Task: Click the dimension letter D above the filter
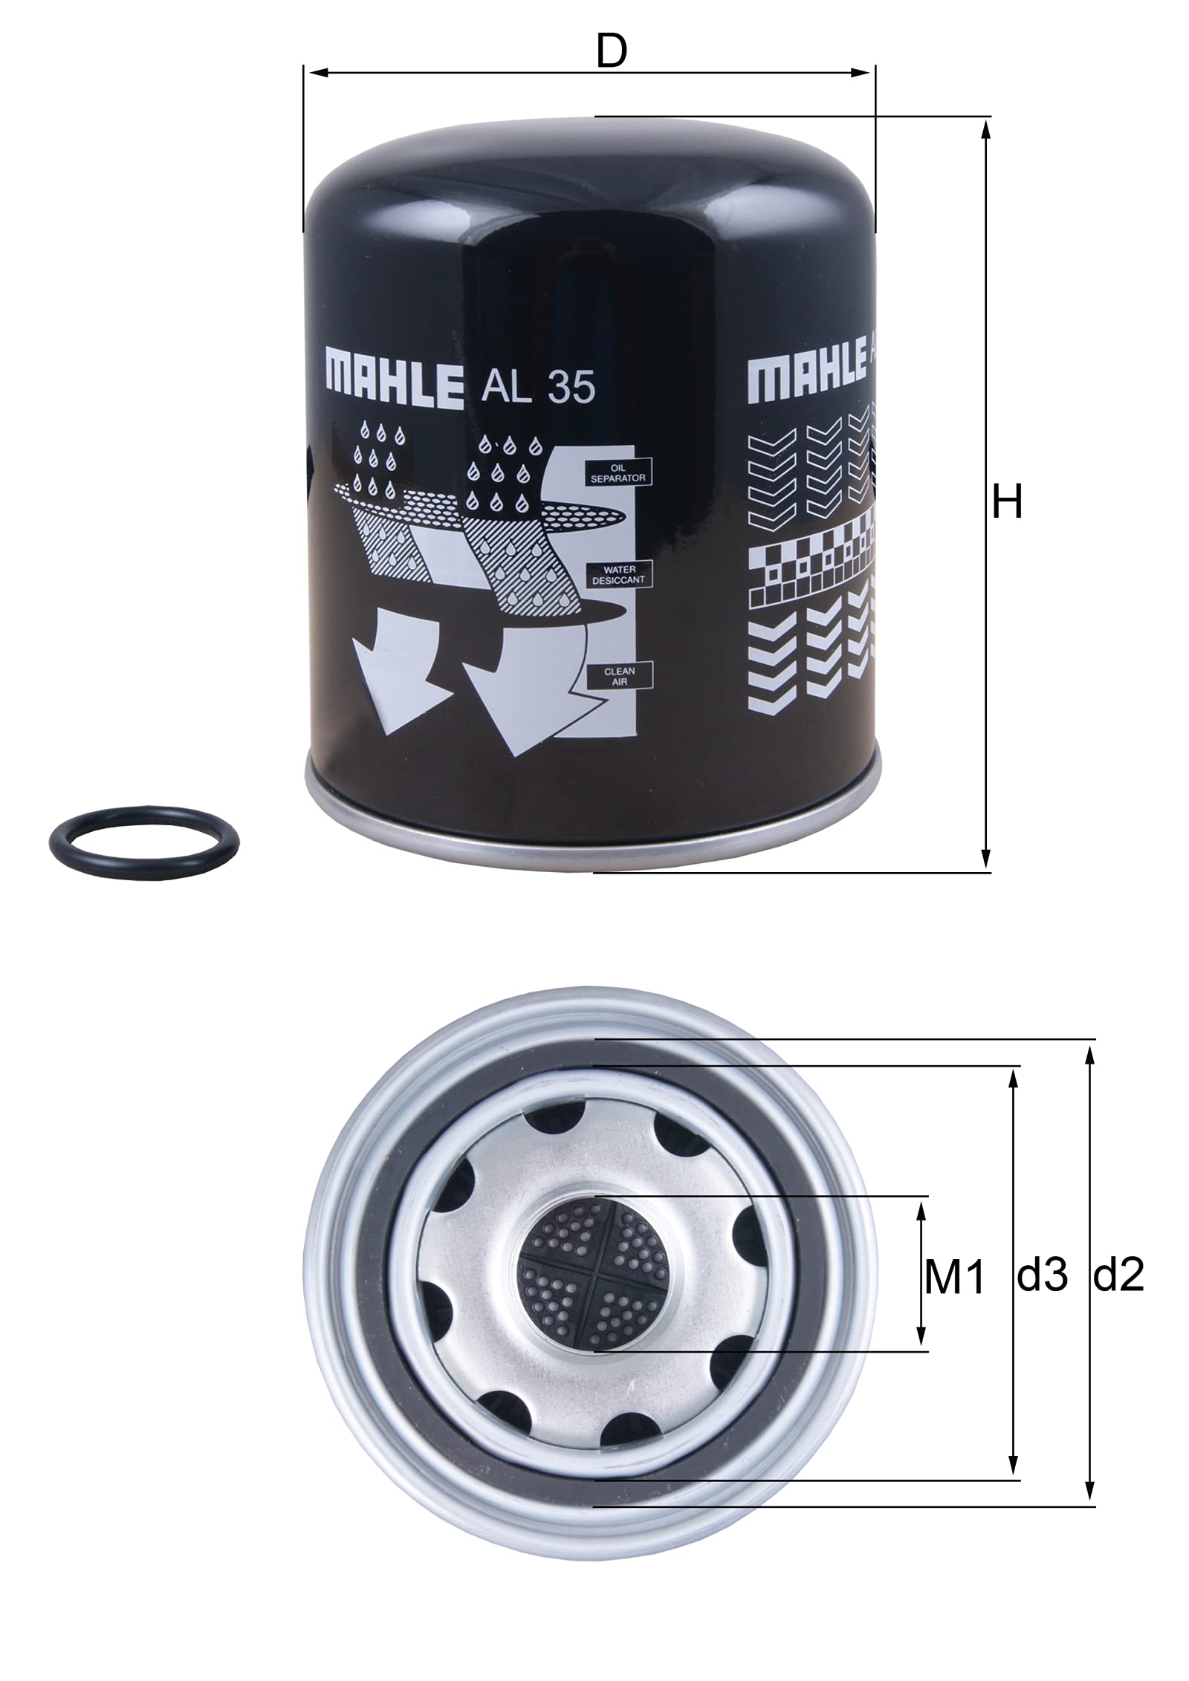tap(611, 51)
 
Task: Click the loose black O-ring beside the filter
tap(144, 842)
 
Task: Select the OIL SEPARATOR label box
tap(618, 474)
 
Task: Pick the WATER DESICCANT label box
tap(618, 574)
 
